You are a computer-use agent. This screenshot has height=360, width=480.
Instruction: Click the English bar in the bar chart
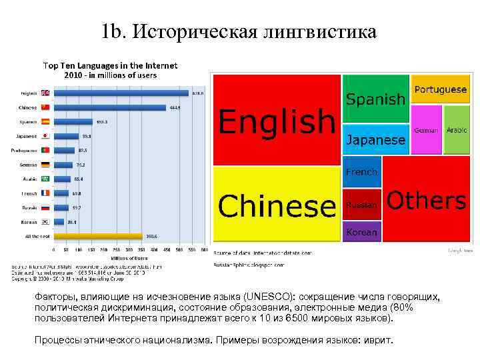pos(120,93)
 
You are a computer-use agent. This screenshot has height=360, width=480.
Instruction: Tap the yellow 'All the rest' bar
pos(97,235)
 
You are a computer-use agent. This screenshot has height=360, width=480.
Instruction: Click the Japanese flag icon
pos(46,136)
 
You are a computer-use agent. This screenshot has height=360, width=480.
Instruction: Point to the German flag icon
pos(46,164)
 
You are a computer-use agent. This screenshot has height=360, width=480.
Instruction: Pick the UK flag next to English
pos(46,93)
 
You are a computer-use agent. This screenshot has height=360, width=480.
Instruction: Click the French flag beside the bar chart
pos(46,193)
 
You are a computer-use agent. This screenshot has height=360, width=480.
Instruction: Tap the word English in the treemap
pos(277,121)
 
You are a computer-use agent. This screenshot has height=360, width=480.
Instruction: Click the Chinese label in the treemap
pos(277,205)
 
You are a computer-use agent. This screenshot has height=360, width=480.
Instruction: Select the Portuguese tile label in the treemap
pos(440,89)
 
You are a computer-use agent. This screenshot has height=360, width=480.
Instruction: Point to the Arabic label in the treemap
pos(457,130)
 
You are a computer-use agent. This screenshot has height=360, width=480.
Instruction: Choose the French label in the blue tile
pos(361,172)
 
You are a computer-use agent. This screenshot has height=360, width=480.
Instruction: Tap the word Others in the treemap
pos(426,201)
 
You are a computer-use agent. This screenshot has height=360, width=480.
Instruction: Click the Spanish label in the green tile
pos(375,99)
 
